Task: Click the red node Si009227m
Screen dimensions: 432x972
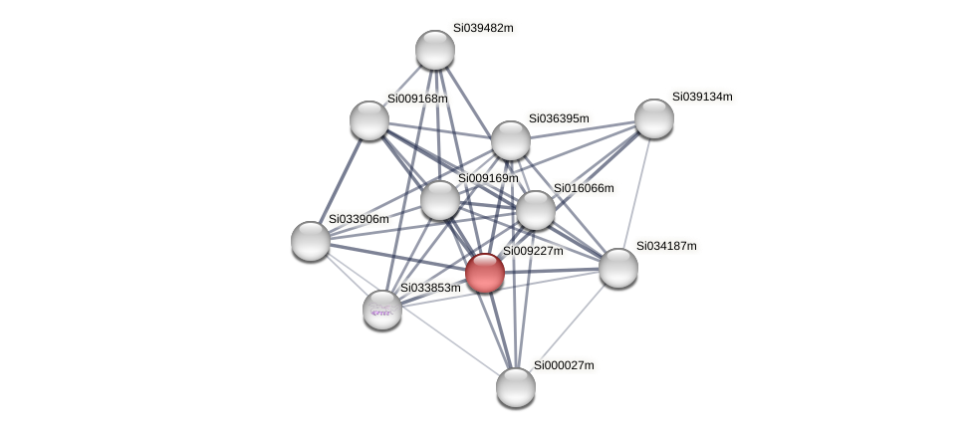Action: coord(485,273)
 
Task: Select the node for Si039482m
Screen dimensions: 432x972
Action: coord(435,50)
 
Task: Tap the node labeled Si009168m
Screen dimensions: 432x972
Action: coord(369,120)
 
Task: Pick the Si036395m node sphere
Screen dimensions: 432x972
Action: coord(511,140)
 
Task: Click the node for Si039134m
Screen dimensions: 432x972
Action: coord(654,118)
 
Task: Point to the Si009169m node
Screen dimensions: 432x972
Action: coord(440,200)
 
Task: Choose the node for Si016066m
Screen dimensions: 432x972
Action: coord(536,210)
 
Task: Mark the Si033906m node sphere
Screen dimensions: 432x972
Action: coord(311,241)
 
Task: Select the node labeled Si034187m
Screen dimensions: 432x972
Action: coord(618,268)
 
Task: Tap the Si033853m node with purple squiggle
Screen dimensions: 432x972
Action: coord(382,310)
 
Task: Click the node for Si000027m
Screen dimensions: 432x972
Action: coord(516,387)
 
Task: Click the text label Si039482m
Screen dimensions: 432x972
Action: coord(483,28)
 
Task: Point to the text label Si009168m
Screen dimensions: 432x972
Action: coord(417,99)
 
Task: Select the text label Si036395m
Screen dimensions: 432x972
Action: coord(559,118)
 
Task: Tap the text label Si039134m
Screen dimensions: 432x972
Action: coord(702,97)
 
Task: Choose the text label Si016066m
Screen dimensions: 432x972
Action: coord(584,188)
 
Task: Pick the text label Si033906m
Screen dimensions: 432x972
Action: coord(359,219)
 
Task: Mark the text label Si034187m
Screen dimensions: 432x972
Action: coord(666,246)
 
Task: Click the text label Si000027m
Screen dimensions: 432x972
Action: coord(564,365)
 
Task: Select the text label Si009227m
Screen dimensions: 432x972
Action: coord(533,251)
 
